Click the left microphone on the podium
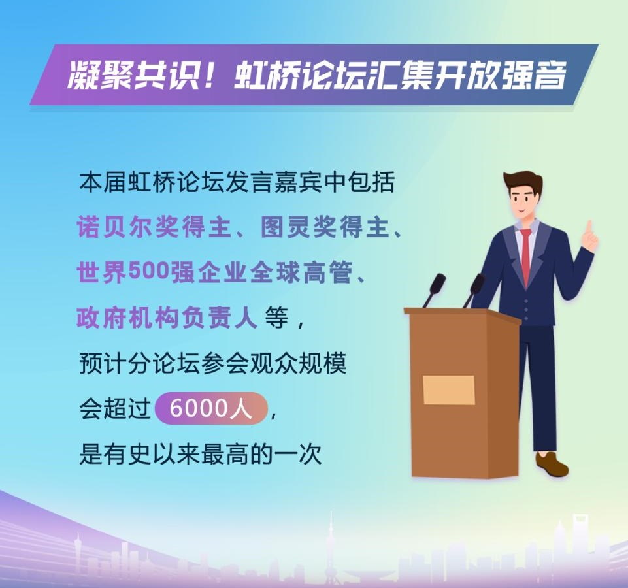point(434,287)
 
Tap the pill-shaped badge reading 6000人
point(211,409)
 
